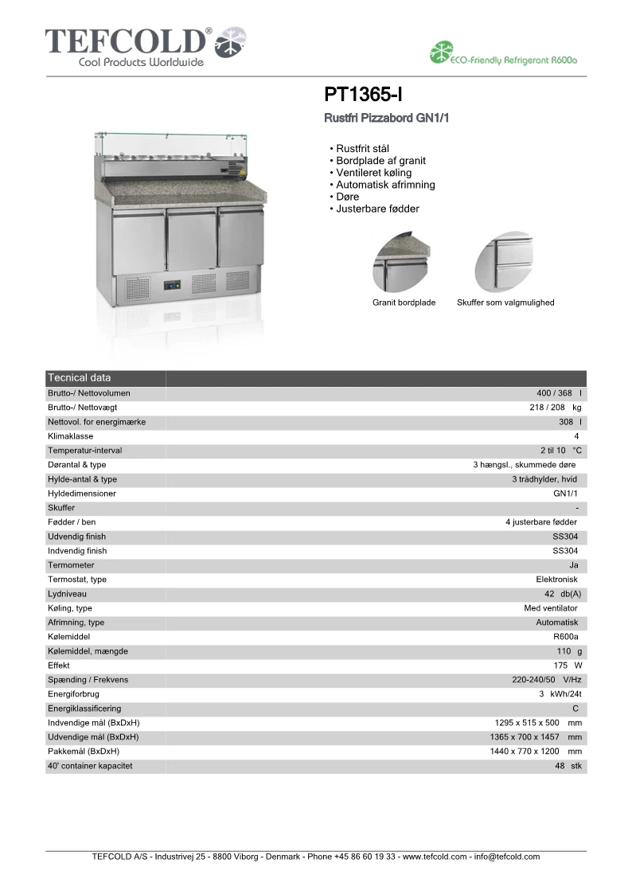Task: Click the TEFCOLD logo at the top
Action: [146, 46]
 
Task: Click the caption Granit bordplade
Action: [404, 303]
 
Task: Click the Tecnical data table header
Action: [80, 377]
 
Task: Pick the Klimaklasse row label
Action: [71, 436]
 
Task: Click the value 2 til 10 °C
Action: [561, 451]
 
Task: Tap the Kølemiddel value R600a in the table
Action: [565, 637]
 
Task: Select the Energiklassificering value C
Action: [575, 709]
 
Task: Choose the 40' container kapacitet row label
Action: [90, 766]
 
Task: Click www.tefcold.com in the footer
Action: [435, 857]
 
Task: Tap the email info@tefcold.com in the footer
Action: [506, 857]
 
